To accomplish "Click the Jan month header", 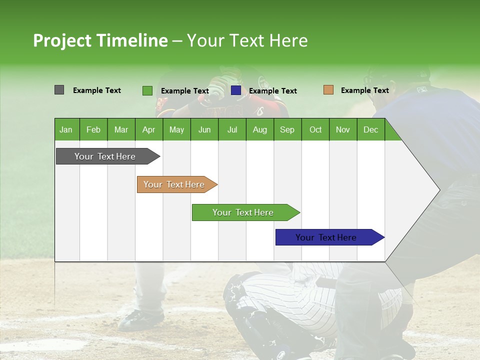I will point(66,129).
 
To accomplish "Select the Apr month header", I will point(148,129).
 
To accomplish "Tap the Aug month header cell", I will point(259,129).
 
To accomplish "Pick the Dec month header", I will point(370,129).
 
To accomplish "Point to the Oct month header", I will point(315,129).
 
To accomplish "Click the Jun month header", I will point(204,129).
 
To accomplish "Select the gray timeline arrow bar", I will point(105,156).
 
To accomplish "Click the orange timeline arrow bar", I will point(174,184).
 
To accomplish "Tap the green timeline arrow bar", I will point(243,212).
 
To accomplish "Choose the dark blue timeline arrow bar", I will point(326,237).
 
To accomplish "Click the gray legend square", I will point(59,90).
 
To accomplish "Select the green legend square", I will point(147,90).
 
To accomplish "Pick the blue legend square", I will point(235,90).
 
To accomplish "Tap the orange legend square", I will point(328,90).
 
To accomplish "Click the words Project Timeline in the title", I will point(100,40).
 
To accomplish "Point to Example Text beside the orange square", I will point(364,90).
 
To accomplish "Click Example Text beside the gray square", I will point(97,90).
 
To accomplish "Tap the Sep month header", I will point(287,129).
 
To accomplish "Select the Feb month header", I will point(93,129).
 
